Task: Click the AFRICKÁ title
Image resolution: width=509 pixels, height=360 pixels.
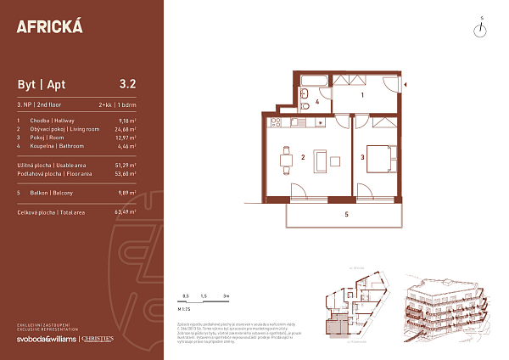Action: pos(50,25)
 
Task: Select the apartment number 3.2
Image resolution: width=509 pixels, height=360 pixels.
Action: pos(128,84)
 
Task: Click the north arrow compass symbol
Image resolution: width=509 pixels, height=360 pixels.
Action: pos(480,29)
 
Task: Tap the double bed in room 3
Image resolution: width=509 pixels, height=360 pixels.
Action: pos(380,158)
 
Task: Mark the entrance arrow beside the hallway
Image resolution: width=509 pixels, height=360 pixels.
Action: pos(407,84)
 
